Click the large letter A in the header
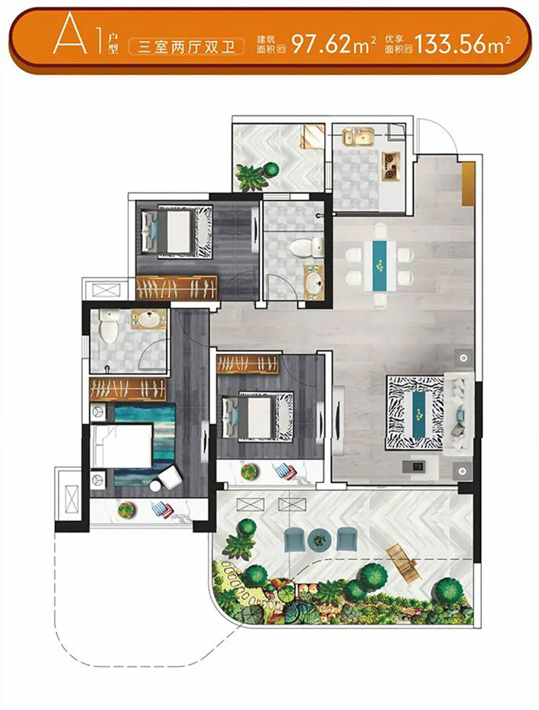coord(69,34)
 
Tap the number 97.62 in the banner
coord(322,45)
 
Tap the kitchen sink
coord(358,136)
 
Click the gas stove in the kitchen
coord(391,165)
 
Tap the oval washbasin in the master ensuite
coord(148,319)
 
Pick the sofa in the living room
coord(459,413)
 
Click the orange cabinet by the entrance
coord(468,184)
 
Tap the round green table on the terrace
coord(320,539)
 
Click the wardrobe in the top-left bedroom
coord(176,287)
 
